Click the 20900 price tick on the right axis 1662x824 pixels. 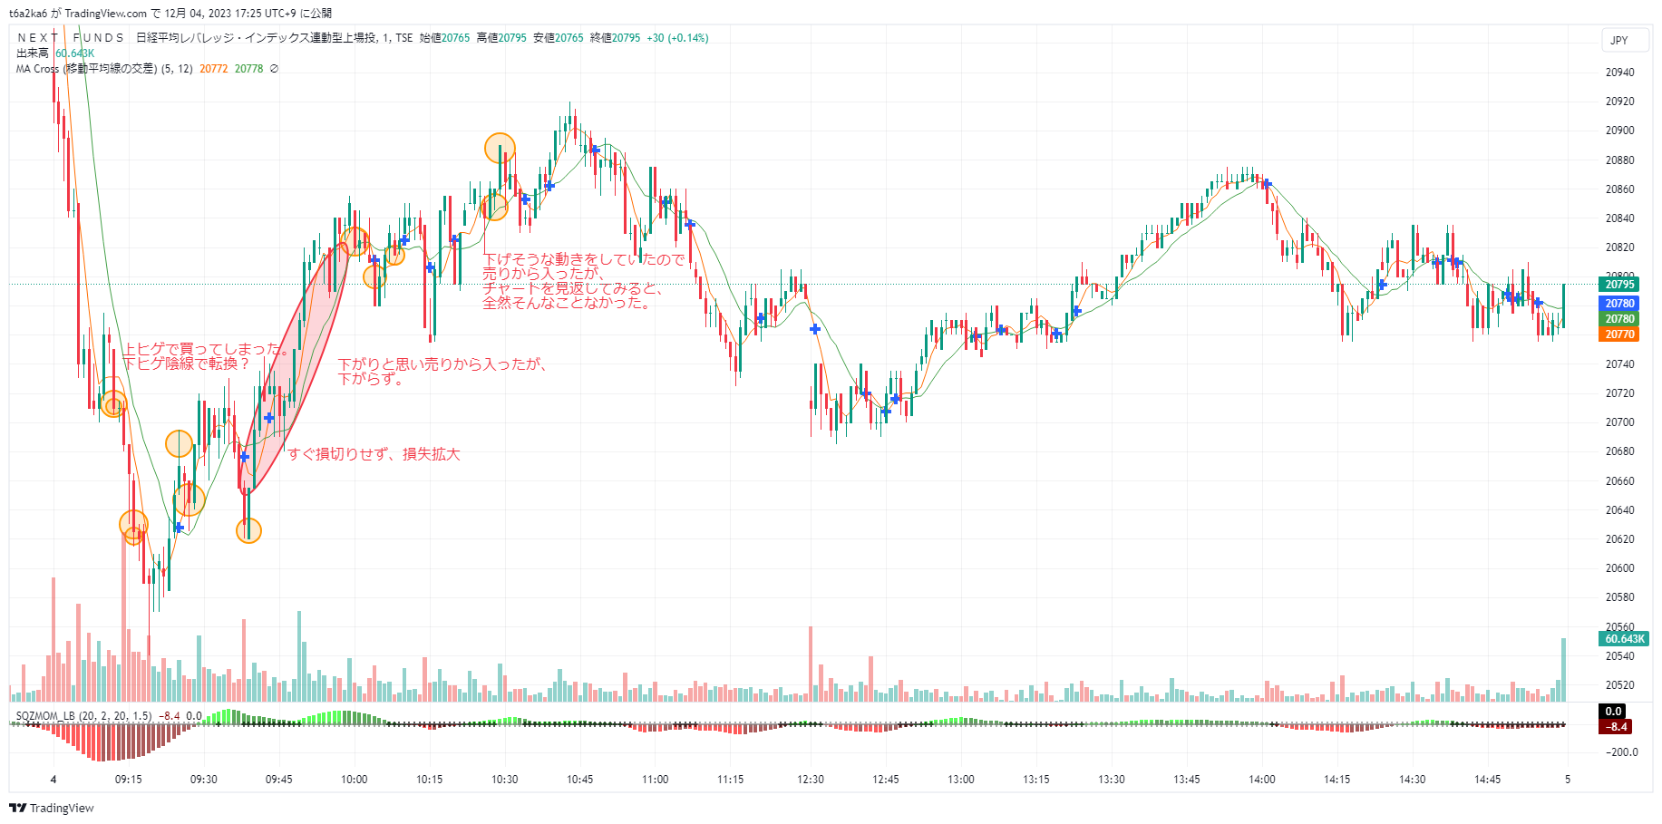[1619, 131]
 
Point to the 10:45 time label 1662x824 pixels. [580, 780]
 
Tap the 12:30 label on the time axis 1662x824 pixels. [811, 780]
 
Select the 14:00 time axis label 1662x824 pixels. [1261, 780]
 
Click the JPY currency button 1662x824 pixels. [1619, 41]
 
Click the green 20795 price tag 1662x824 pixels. [1619, 285]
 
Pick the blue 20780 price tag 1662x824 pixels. [1619, 304]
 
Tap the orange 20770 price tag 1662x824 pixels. [1619, 334]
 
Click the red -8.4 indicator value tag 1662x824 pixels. [1617, 727]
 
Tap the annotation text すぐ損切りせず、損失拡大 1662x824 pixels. [374, 454]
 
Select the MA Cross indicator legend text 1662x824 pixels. [86, 69]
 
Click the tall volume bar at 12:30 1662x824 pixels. [811, 664]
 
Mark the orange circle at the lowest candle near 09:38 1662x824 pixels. [248, 530]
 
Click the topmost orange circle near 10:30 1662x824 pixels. [500, 147]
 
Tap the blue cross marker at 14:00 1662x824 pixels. [1267, 184]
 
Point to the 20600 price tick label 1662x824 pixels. [1619, 568]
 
